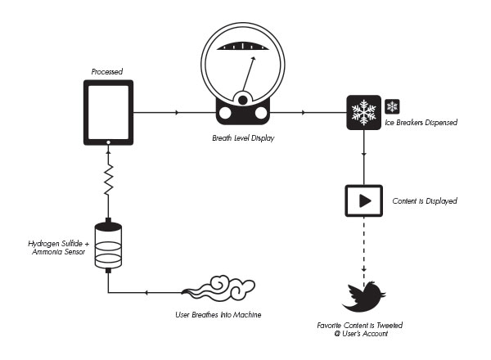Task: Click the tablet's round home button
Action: [x=108, y=142]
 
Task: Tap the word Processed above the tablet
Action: [x=107, y=72]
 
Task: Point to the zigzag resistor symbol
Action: [x=108, y=180]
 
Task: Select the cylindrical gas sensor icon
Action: [x=108, y=245]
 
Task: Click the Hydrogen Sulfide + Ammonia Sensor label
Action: [x=59, y=248]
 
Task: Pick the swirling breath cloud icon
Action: [x=218, y=288]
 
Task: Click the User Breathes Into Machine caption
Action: [x=218, y=315]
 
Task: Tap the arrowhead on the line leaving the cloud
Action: [x=146, y=293]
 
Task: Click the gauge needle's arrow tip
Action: [x=254, y=58]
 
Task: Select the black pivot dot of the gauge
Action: [x=243, y=100]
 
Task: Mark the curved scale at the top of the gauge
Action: [x=243, y=46]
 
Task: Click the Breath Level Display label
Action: [x=243, y=138]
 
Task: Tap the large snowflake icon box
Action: [x=364, y=112]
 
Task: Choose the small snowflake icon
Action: [x=392, y=106]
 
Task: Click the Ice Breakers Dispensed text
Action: [x=421, y=123]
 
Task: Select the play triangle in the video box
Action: [x=365, y=200]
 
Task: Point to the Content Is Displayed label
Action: [x=425, y=201]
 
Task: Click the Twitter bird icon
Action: [x=364, y=297]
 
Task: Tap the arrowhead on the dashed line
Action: [x=364, y=269]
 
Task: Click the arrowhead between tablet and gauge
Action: [x=178, y=112]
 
